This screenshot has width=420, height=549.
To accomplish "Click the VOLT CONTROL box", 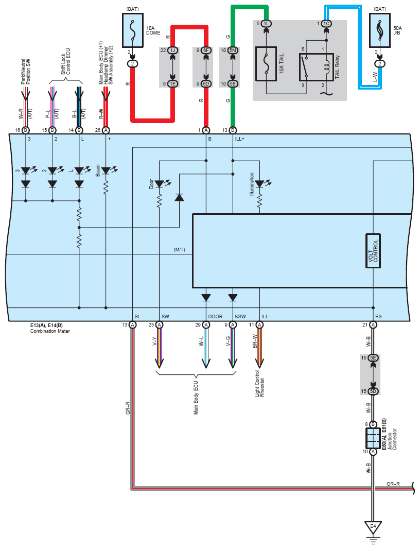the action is pyautogui.click(x=373, y=251).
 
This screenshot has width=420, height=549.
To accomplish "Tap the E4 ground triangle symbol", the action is pyautogui.click(x=373, y=527).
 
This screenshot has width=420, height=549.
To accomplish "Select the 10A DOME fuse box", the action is pyautogui.click(x=133, y=30).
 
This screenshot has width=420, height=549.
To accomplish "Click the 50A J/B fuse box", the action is pyautogui.click(x=380, y=30).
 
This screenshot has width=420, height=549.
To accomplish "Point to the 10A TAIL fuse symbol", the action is pyautogui.click(x=266, y=64).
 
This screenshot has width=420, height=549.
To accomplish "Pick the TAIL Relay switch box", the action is pyautogui.click(x=317, y=67).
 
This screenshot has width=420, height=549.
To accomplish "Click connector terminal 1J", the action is pyautogui.click(x=172, y=50).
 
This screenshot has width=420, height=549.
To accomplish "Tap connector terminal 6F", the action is pyautogui.click(x=206, y=50).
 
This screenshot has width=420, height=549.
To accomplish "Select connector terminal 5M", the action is pyautogui.click(x=233, y=50).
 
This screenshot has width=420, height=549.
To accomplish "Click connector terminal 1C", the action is pyautogui.click(x=326, y=24).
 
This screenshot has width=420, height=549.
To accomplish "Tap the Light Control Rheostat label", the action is pyautogui.click(x=260, y=383).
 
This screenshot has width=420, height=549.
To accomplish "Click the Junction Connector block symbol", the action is pyautogui.click(x=373, y=438).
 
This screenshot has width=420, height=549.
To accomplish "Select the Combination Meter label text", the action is pyautogui.click(x=50, y=331).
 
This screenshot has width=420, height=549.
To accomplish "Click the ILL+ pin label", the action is pyautogui.click(x=240, y=139).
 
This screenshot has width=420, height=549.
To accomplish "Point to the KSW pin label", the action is pyautogui.click(x=240, y=317).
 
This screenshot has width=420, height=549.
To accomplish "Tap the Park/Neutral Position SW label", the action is pyautogui.click(x=26, y=72).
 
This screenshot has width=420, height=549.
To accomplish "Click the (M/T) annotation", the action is pyautogui.click(x=180, y=250).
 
